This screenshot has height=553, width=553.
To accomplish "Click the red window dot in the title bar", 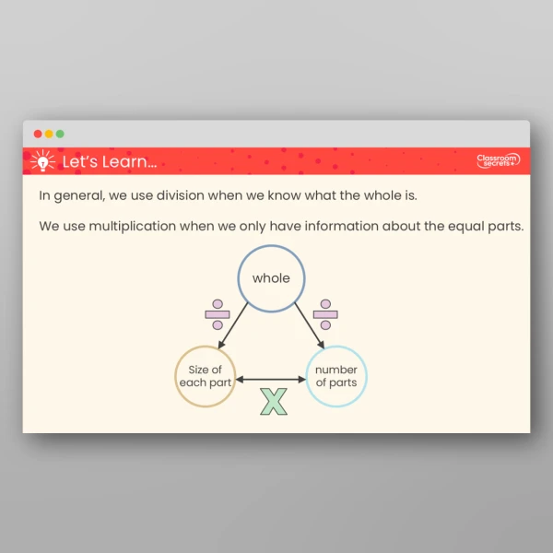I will pyautogui.click(x=38, y=134).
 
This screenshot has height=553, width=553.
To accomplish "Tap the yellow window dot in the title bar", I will pyautogui.click(x=49, y=134).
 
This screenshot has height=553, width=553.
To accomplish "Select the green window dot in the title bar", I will pyautogui.click(x=60, y=134).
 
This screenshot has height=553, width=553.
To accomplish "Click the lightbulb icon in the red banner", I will pyautogui.click(x=41, y=161).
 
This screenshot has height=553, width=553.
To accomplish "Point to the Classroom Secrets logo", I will pyautogui.click(x=498, y=161).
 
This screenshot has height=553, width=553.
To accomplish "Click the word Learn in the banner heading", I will pyautogui.click(x=129, y=162).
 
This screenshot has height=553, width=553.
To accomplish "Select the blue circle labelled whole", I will pyautogui.click(x=271, y=278).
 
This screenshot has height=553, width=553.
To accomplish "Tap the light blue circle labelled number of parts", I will pyautogui.click(x=335, y=376).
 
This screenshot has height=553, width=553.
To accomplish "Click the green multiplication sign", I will pyautogui.click(x=274, y=401).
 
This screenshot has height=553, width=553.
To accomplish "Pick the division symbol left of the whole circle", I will pyautogui.click(x=218, y=314).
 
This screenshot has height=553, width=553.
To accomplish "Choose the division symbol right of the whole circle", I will pyautogui.click(x=324, y=314).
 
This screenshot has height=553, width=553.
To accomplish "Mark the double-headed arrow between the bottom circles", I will pyautogui.click(x=270, y=378).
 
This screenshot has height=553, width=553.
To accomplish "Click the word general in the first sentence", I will pyautogui.click(x=78, y=196).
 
